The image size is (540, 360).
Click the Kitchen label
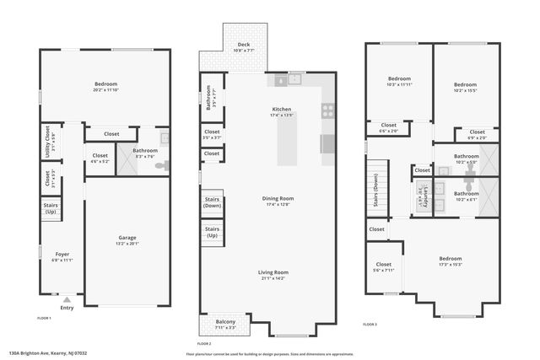pyautogui.click(x=281, y=109)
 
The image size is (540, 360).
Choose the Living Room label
pyautogui.click(x=273, y=272)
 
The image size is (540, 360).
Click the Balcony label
pyautogui.click(x=224, y=322)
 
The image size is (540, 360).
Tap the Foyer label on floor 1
pyautogui.click(x=62, y=254)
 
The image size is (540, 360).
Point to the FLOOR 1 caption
pyautogui.click(x=45, y=318)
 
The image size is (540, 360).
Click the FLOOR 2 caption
pyautogui.click(x=204, y=344)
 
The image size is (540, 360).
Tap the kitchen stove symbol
pyautogui.click(x=327, y=109)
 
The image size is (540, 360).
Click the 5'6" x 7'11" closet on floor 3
pyautogui.click(x=384, y=271)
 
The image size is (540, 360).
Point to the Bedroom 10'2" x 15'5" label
pyautogui.click(x=465, y=84)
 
